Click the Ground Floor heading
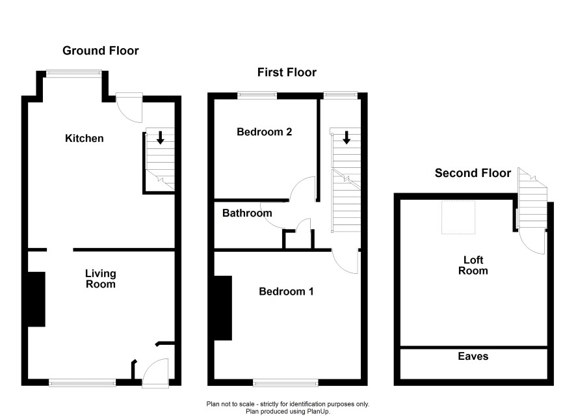point(101,50)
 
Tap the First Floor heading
point(287,72)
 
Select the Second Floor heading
point(473,173)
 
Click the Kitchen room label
point(84,138)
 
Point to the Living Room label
point(101,278)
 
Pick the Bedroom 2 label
point(264,131)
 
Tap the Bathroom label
point(247,213)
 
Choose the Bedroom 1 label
point(286,291)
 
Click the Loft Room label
point(473,265)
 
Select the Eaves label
point(473,356)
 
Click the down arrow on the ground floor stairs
point(160,137)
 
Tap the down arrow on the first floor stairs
point(346,137)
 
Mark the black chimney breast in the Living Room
point(36,299)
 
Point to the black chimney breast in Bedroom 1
point(222,308)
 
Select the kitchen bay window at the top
point(73,74)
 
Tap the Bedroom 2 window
point(257,95)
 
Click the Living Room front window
point(83,383)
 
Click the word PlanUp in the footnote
point(318,412)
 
